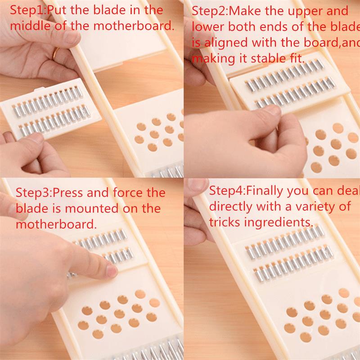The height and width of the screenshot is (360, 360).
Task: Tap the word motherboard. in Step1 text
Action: (134, 26)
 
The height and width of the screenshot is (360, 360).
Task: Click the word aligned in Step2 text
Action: (225, 43)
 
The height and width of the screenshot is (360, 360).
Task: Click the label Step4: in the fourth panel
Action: (227, 190)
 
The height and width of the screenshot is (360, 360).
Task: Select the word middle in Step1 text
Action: (30, 26)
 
